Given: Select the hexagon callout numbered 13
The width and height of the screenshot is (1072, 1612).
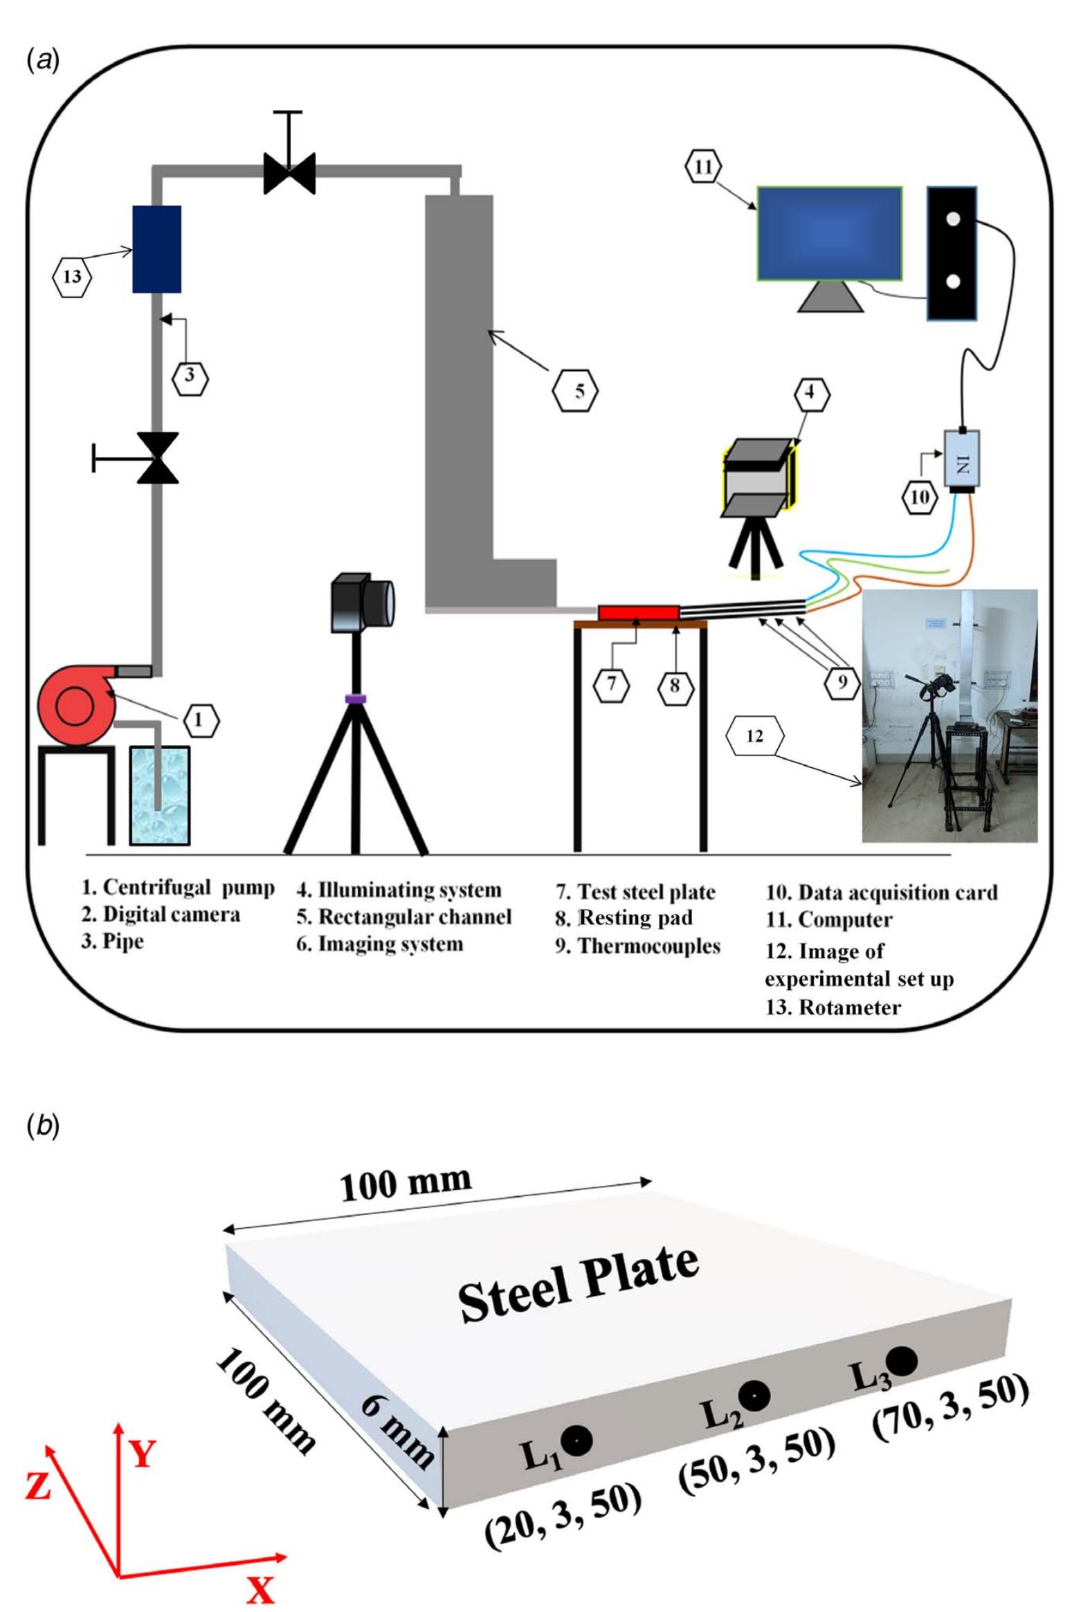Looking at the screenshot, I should coord(72,277).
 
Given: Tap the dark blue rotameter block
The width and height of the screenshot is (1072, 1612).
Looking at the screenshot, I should coord(156,249).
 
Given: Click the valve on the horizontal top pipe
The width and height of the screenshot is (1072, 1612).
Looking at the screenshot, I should coord(289,172).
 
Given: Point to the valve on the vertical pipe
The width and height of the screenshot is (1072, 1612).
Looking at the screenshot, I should coord(158,457).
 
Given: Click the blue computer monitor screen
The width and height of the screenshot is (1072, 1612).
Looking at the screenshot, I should coord(828,233).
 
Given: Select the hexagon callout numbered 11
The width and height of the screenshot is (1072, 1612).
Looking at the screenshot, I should coord(702,167).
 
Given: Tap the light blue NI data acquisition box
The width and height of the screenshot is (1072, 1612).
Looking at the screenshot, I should coord(962,457).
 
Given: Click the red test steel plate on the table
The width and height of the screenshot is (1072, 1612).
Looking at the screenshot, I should coord(638,612).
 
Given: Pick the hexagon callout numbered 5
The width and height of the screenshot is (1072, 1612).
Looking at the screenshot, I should coord(575,390).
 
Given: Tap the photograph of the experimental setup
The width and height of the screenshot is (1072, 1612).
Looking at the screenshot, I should coord(949,715).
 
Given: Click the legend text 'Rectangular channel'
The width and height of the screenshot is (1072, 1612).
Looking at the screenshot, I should coord(413,917).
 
